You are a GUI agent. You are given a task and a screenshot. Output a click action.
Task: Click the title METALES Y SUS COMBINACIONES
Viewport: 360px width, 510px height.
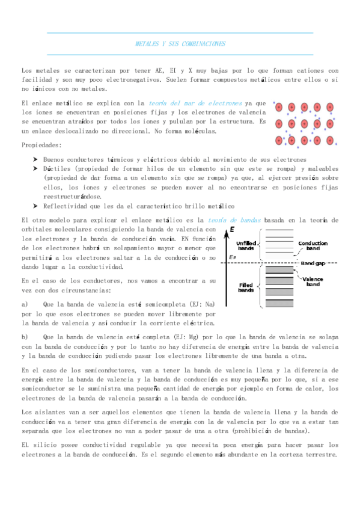(x=180, y=45)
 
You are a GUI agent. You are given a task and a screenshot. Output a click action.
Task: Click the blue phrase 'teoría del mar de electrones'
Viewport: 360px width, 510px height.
(x=196, y=104)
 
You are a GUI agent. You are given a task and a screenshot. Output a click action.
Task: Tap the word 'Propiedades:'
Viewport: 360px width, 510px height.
(x=41, y=146)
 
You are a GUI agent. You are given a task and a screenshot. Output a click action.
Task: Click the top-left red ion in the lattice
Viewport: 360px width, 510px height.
(x=279, y=108)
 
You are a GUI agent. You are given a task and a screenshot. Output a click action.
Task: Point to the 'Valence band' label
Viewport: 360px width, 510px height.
(x=313, y=281)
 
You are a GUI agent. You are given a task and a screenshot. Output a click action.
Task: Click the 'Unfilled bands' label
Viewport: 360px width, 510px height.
(x=245, y=245)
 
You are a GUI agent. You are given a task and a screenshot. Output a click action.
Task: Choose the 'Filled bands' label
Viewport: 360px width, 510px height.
(x=245, y=288)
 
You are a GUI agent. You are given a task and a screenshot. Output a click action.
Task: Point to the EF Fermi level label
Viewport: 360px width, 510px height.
(x=233, y=257)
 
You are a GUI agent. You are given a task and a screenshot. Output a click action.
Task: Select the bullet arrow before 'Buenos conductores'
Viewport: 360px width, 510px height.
(x=35, y=159)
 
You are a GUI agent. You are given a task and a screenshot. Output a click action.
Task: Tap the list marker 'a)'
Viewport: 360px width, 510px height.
(x=25, y=304)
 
